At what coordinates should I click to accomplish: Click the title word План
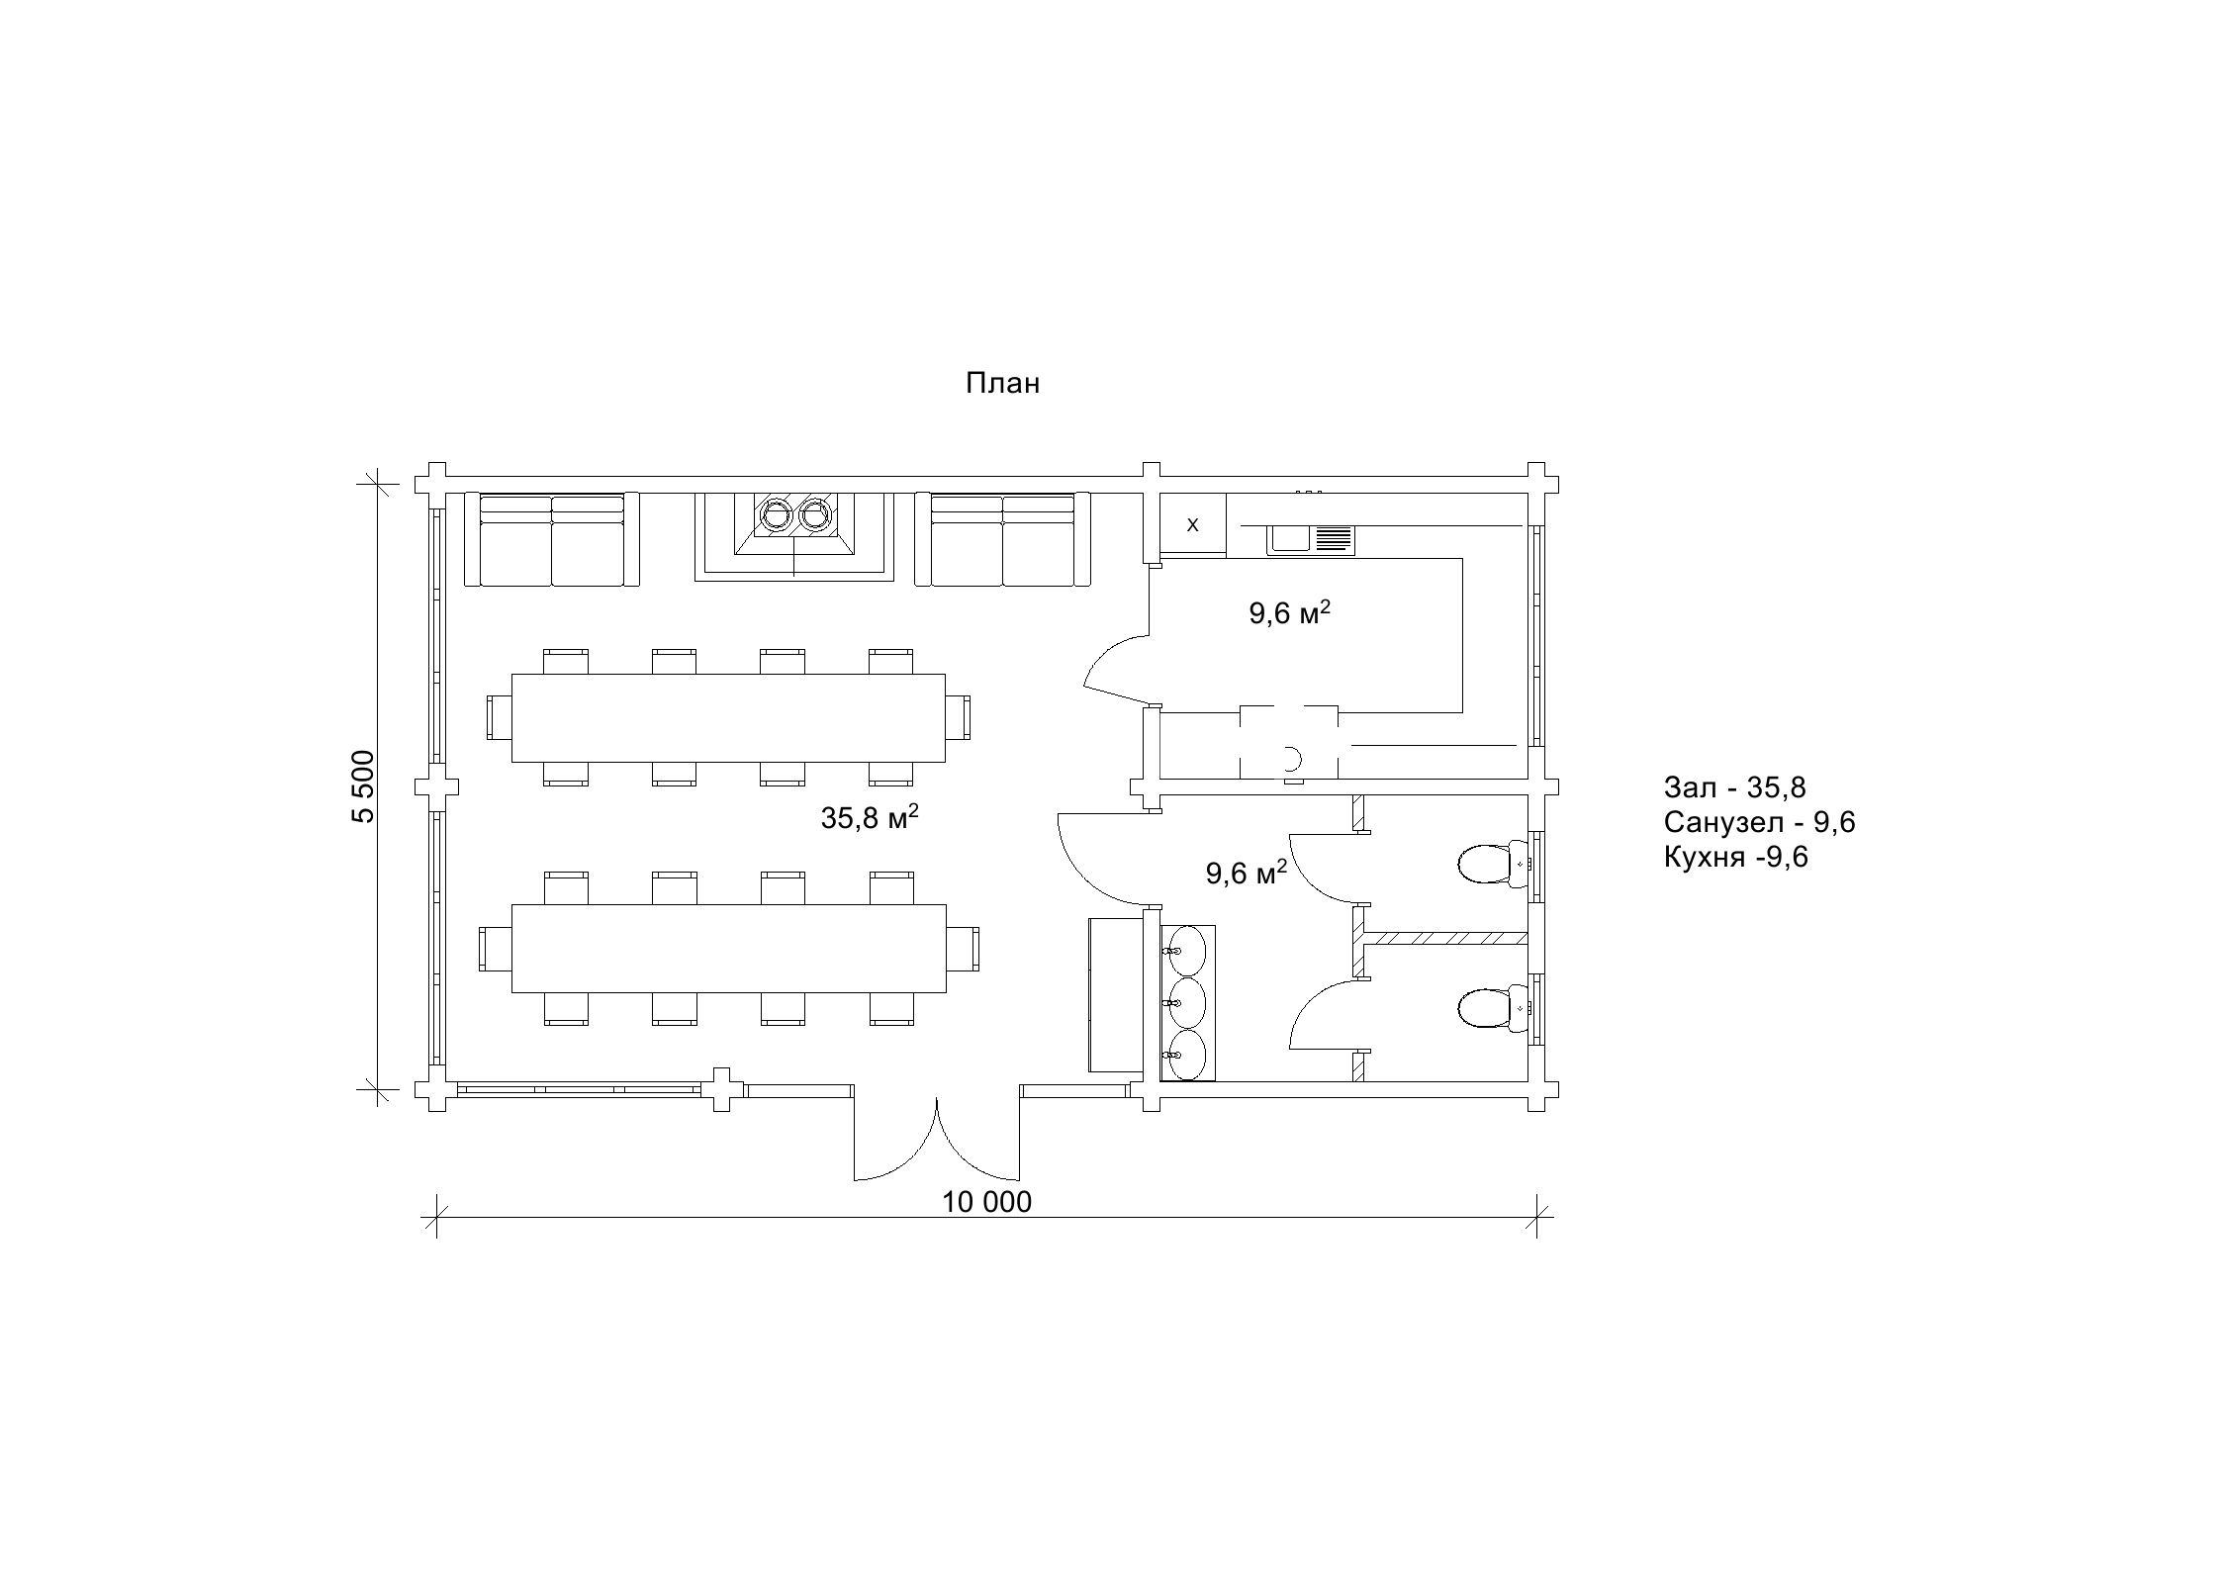[1002, 384]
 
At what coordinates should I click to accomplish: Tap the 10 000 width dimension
[986, 1202]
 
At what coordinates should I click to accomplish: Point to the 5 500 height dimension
[363, 786]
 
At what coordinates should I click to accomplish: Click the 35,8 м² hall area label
[870, 817]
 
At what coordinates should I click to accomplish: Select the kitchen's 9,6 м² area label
[1289, 613]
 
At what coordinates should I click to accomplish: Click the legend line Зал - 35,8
[1735, 787]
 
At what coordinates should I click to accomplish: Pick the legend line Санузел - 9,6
[1760, 822]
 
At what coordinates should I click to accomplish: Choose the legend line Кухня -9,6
[1736, 857]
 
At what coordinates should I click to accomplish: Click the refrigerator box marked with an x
[1193, 524]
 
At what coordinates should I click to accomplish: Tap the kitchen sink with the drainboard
[1311, 539]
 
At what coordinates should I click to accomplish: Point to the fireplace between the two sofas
[794, 536]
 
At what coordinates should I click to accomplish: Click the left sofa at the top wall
[552, 539]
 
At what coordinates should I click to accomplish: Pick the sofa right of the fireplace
[1003, 539]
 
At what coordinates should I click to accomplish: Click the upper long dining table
[728, 717]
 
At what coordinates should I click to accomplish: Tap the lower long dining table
[728, 949]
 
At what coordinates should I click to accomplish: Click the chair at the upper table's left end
[500, 717]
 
